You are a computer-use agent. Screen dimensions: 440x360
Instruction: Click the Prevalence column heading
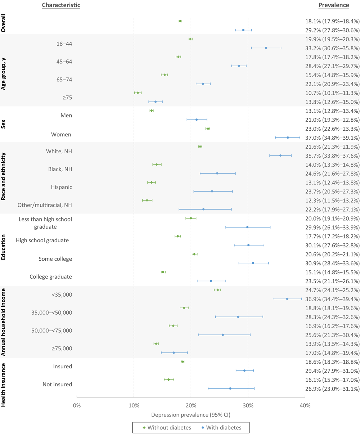[333, 5]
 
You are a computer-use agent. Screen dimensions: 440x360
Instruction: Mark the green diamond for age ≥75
[138, 93]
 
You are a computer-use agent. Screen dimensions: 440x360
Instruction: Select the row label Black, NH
[60, 169]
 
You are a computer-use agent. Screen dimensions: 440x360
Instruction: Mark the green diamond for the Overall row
[180, 21]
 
